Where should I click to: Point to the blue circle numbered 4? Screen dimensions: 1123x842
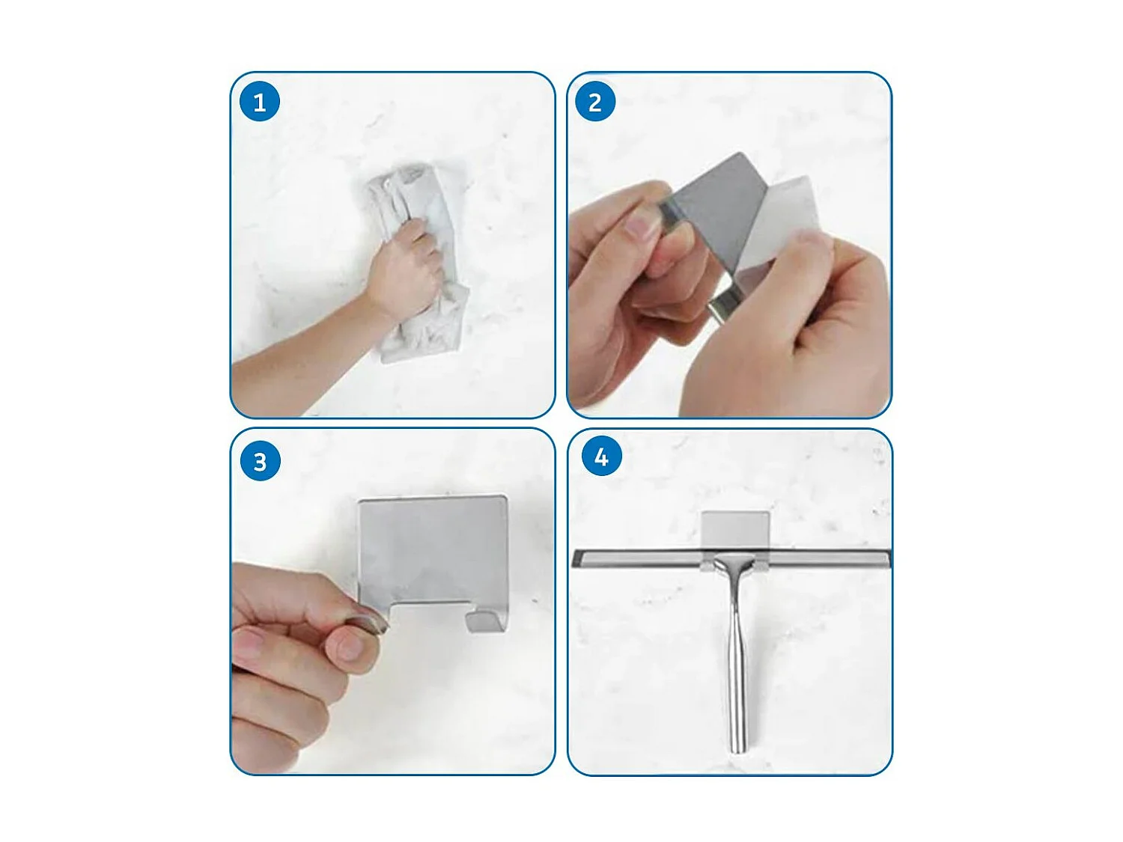[x=601, y=457]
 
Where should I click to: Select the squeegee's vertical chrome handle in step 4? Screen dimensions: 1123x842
[x=736, y=654]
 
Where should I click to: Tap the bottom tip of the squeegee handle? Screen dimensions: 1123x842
[x=737, y=752]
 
